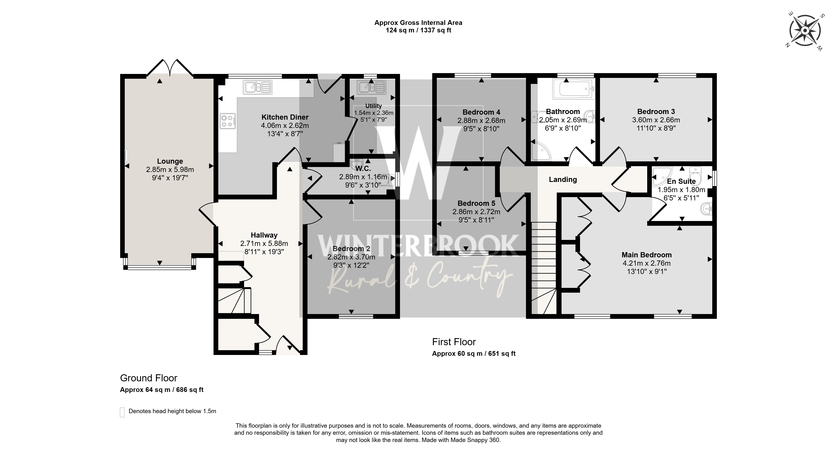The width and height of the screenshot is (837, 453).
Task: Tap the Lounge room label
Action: click(x=170, y=161)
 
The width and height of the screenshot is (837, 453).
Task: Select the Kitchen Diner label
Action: click(x=285, y=117)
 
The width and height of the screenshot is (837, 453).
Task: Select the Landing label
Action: click(x=563, y=180)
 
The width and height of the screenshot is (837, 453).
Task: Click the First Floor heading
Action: click(x=454, y=342)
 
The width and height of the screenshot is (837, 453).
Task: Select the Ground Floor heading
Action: click(x=149, y=378)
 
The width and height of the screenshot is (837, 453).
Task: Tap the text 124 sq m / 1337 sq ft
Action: click(x=418, y=31)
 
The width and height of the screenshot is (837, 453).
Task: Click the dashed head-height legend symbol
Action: click(x=122, y=412)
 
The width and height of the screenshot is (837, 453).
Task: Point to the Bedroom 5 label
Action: click(x=476, y=204)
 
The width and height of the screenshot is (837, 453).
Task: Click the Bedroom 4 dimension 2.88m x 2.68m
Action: click(x=481, y=120)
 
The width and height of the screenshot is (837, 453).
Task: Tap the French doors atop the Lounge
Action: click(x=170, y=68)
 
